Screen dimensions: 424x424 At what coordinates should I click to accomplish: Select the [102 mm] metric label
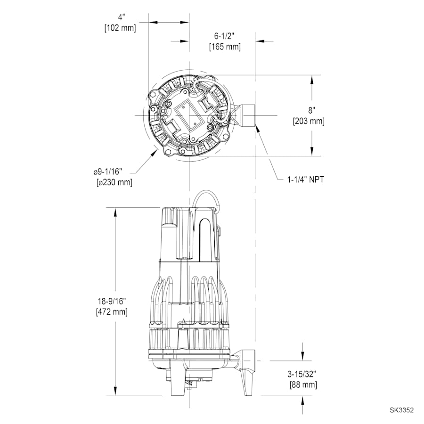tap(120, 28)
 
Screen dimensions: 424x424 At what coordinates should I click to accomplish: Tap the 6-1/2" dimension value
tap(224, 36)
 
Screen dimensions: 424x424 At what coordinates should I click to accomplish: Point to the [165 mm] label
tap(224, 47)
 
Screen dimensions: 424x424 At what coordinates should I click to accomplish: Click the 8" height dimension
tap(311, 110)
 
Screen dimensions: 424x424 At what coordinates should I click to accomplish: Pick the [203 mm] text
tap(309, 121)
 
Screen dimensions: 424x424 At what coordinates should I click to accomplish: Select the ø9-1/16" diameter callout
tap(113, 171)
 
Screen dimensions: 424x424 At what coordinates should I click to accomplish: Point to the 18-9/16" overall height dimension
tap(112, 300)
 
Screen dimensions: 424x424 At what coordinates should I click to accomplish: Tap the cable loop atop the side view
tap(207, 198)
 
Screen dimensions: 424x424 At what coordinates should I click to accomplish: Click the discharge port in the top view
tap(245, 115)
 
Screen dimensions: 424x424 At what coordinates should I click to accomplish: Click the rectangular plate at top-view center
tap(187, 115)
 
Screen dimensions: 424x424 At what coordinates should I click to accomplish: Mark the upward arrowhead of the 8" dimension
tap(312, 80)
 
